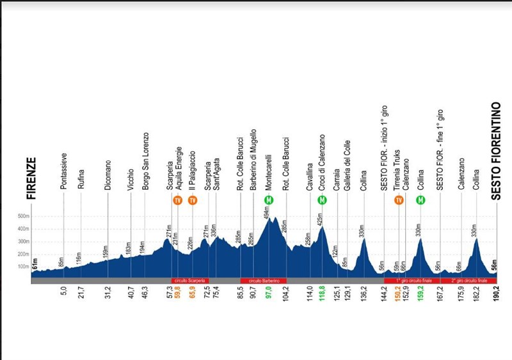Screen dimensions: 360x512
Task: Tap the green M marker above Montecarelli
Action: coord(269,200)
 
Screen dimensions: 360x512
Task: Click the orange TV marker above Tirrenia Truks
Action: coord(399,200)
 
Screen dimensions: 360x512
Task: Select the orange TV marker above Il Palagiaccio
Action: coord(192,200)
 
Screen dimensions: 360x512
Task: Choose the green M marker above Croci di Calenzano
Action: coord(322,200)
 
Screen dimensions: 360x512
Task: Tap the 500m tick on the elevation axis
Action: coord(23,216)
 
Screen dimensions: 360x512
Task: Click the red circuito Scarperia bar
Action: coord(189,281)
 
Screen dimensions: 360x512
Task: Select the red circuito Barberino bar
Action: coord(263,281)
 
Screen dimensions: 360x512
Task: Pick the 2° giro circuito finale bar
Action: coord(468,281)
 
